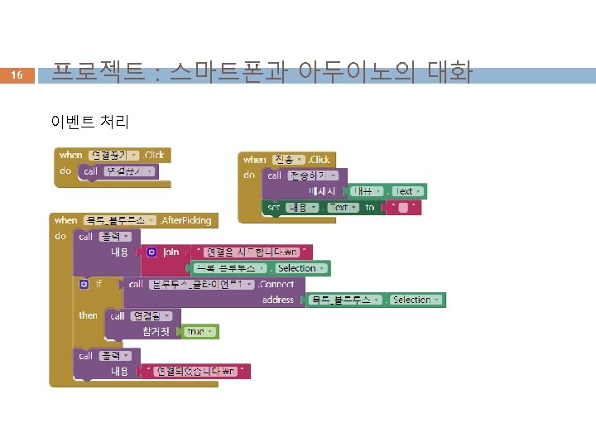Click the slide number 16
pyautogui.click(x=17, y=75)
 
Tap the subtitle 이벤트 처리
pyautogui.click(x=89, y=122)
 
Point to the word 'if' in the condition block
pyautogui.click(x=99, y=284)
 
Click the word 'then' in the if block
pyautogui.click(x=88, y=315)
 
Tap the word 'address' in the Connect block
pyautogui.click(x=278, y=300)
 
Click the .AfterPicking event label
pyautogui.click(x=186, y=220)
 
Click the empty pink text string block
pyautogui.click(x=401, y=207)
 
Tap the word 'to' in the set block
pyautogui.click(x=369, y=207)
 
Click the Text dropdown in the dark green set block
pyautogui.click(x=340, y=207)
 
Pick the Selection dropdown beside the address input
pyautogui.click(x=416, y=300)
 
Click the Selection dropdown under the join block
pyautogui.click(x=301, y=268)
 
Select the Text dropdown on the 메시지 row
pyautogui.click(x=407, y=191)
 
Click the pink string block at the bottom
pyautogui.click(x=196, y=372)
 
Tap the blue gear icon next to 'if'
pyautogui.click(x=84, y=284)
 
